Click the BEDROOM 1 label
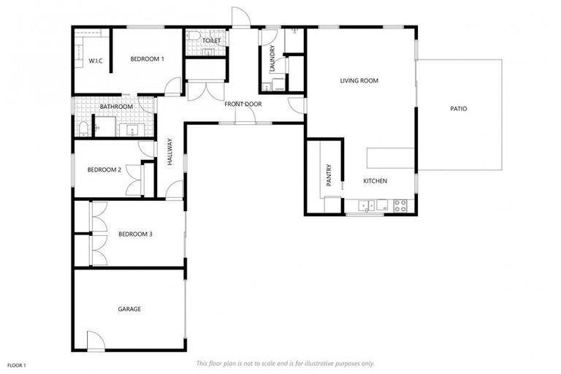147,58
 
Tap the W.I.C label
94,60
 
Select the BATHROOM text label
116,107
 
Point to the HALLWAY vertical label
169,152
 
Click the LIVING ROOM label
359,80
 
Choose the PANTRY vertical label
329,175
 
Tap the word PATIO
458,109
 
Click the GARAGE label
129,309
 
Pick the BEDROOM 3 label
135,234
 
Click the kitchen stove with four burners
400,206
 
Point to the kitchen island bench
390,157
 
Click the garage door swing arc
96,340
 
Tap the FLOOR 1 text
16,365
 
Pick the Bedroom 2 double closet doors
134,180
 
